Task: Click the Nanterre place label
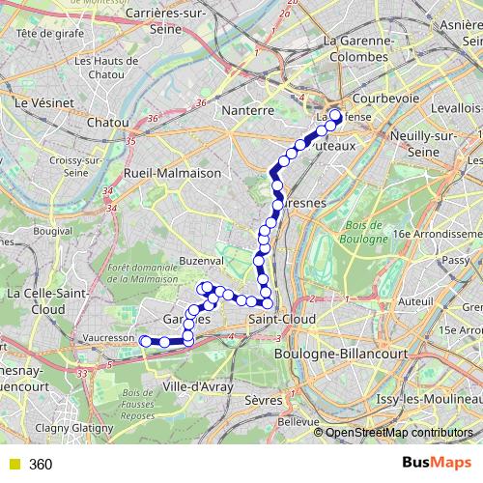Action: (x=248, y=110)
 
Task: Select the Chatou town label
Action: (x=107, y=123)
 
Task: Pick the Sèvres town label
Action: (x=262, y=399)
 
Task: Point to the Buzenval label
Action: (x=199, y=261)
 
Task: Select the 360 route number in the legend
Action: (x=42, y=464)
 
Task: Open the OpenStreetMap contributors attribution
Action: (x=399, y=433)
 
